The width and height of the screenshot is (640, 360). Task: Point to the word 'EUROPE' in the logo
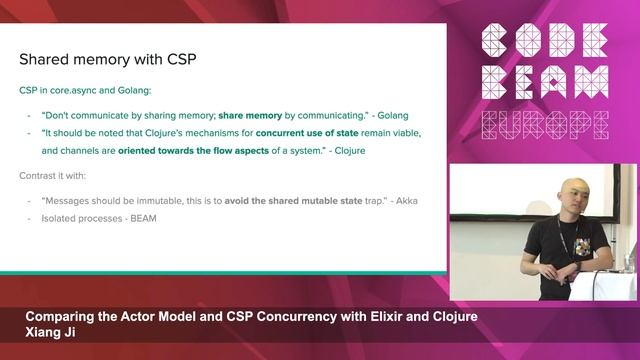coord(544,125)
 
